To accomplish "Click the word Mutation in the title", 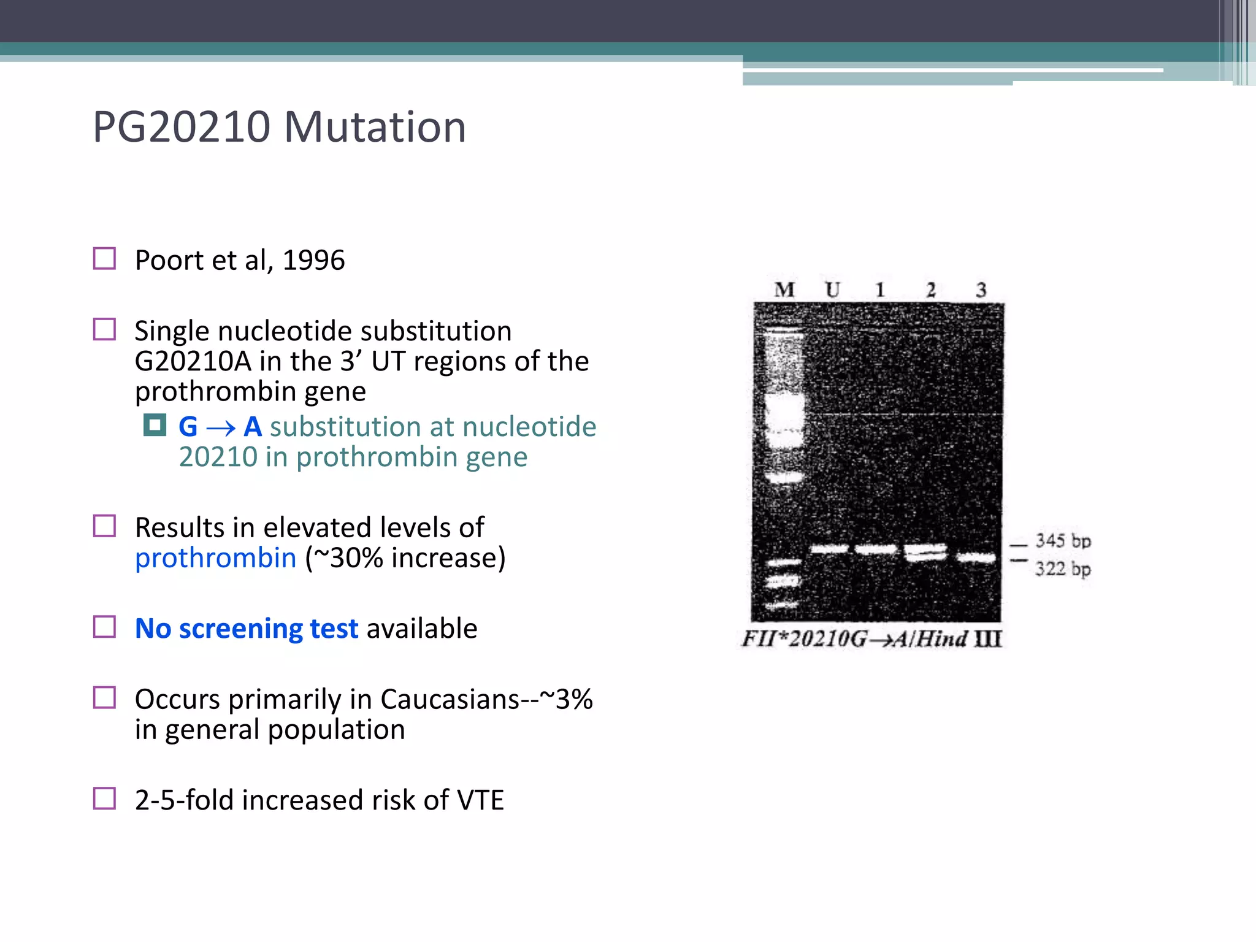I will tap(375, 128).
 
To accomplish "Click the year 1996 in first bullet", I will tap(313, 261).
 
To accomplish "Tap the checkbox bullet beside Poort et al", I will tap(104, 259).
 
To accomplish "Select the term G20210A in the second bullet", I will tap(193, 362).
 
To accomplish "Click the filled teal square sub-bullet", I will tap(155, 425).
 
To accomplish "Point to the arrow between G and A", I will tap(221, 428).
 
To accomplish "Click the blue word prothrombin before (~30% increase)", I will tap(215, 558).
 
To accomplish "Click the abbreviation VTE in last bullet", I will tap(480, 801).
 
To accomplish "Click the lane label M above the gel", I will tap(784, 289).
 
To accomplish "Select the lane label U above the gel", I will tap(832, 289).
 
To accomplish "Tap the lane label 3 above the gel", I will tap(981, 289).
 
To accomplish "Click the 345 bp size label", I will tap(1063, 541).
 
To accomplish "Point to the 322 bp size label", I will tap(1063, 569).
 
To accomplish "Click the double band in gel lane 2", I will tap(926, 553).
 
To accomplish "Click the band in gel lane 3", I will tap(976, 557).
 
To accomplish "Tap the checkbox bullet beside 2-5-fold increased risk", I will tap(104, 798).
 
